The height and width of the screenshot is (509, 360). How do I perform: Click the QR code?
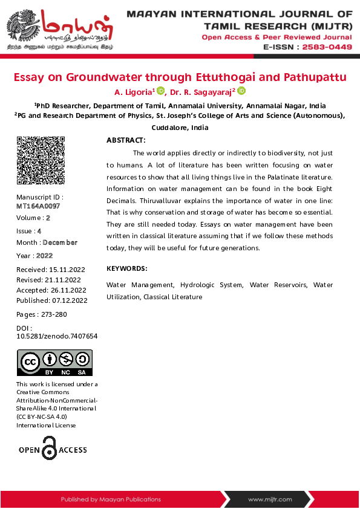click(x=41, y=160)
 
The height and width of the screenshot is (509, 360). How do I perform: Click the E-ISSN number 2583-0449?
click(x=327, y=47)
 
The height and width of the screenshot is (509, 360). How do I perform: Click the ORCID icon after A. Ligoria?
click(x=160, y=91)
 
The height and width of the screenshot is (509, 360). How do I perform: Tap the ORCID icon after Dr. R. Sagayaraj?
click(x=241, y=91)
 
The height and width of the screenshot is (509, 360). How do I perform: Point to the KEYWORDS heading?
click(x=126, y=268)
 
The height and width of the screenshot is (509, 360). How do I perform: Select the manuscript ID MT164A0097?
click(x=38, y=206)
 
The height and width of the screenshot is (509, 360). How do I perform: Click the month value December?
click(x=60, y=242)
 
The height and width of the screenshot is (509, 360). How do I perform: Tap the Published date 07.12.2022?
click(x=70, y=300)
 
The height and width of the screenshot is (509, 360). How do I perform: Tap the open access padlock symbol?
click(x=50, y=449)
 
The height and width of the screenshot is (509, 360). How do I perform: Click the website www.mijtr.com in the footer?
click(x=270, y=499)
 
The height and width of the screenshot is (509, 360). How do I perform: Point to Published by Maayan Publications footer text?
click(x=111, y=499)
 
